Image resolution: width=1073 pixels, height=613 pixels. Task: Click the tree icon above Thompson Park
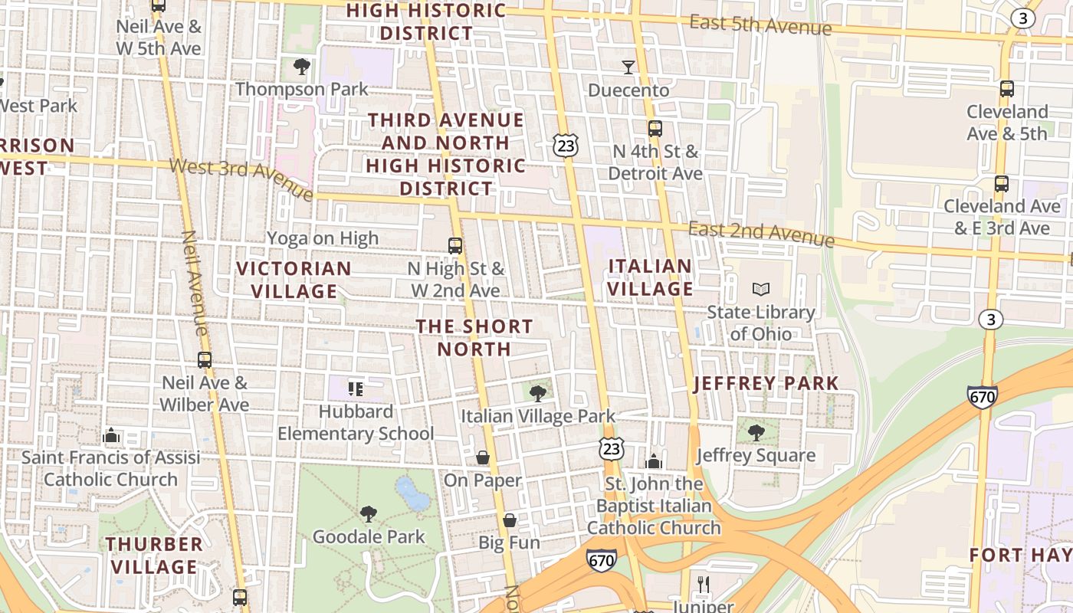302,67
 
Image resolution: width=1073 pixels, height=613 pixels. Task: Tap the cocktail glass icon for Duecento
628,67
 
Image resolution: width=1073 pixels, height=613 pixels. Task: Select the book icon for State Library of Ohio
760,289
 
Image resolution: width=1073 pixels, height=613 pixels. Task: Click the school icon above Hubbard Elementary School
355,389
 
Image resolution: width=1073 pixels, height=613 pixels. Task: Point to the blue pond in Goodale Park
412,493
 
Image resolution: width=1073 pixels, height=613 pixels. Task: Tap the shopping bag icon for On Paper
483,457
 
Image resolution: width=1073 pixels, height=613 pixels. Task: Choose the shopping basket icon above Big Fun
510,520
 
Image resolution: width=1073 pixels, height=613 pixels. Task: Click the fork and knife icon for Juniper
704,584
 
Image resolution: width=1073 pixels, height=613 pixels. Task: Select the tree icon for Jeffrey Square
756,433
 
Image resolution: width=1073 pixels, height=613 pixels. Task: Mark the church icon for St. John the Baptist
653,461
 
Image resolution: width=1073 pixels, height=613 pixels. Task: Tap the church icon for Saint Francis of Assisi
111,435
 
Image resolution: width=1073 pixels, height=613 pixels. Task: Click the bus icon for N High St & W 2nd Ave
455,246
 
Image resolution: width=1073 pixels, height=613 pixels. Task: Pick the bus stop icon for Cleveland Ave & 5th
1007,89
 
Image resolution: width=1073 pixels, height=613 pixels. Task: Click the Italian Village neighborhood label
650,277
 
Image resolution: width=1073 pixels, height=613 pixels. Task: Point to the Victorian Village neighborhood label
294,280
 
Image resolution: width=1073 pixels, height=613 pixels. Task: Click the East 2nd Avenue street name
760,234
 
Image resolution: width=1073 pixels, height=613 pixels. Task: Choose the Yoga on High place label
323,238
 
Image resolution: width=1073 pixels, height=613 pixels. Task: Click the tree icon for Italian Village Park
538,394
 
